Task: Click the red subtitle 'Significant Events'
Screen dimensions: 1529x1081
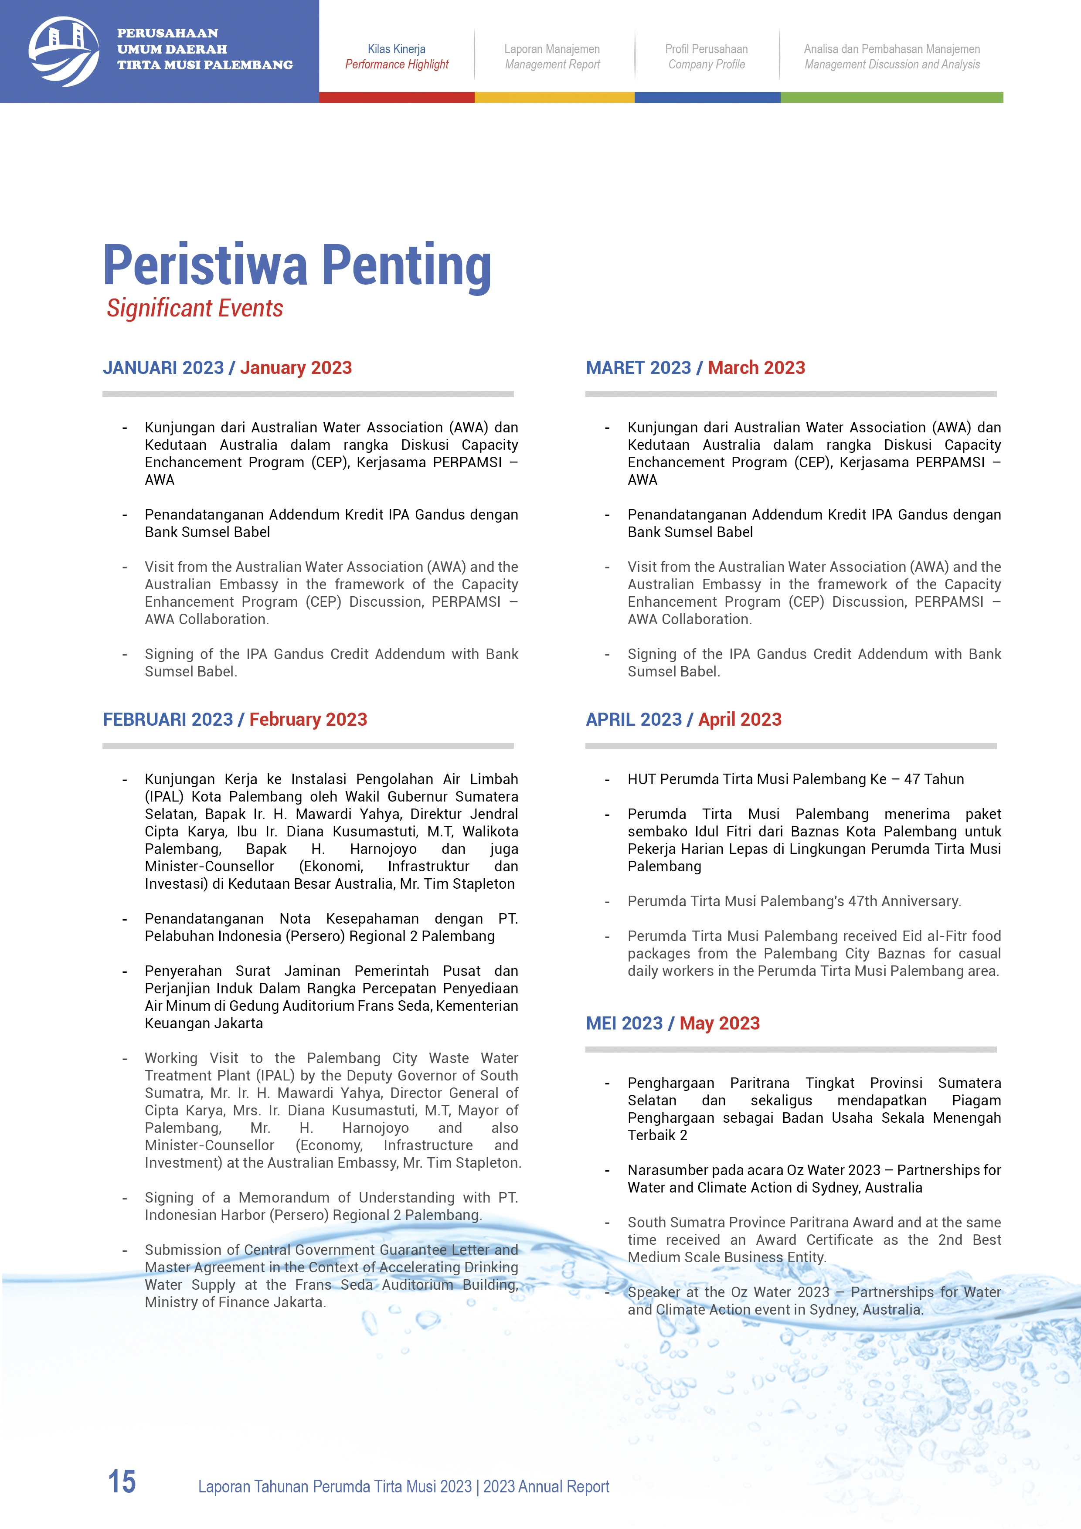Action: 195,308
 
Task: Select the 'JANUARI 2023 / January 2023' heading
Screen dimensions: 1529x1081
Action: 227,367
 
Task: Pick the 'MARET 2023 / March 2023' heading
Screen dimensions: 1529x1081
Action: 695,367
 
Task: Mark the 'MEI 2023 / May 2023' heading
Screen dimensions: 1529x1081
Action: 672,1023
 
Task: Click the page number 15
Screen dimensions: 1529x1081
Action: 122,1482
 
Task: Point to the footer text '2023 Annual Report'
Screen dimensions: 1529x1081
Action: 546,1486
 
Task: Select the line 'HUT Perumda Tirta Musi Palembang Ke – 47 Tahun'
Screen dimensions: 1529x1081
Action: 795,779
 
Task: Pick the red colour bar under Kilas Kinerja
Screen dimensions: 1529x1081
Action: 396,97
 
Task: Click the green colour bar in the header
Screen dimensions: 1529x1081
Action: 891,97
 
